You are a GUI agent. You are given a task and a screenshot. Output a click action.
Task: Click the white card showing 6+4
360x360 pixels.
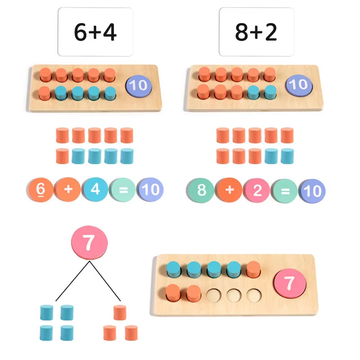[x=95, y=32]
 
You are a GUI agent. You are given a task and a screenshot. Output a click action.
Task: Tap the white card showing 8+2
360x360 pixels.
[x=256, y=32]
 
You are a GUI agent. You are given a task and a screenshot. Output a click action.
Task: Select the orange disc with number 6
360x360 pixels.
[x=40, y=189]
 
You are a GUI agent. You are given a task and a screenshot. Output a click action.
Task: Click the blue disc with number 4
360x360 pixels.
[x=95, y=189]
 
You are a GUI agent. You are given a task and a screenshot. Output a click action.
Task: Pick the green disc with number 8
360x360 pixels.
[x=202, y=190]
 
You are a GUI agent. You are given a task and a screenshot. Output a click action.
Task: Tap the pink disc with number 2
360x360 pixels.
[x=257, y=190]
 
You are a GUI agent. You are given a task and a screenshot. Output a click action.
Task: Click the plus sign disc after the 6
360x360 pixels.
[x=68, y=189]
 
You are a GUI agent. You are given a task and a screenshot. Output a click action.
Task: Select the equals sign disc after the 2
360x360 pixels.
[x=285, y=191]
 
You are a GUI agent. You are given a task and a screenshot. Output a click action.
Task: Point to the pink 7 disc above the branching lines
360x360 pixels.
[x=90, y=243]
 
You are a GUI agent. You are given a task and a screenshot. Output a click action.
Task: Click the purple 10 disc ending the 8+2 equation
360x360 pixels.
[x=312, y=191]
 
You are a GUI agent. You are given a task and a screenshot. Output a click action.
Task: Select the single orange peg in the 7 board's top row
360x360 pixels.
[x=253, y=269]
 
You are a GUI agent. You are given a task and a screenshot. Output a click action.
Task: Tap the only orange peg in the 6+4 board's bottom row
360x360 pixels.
[x=45, y=93]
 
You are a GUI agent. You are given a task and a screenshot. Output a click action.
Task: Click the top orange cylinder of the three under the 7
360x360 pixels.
[x=119, y=312]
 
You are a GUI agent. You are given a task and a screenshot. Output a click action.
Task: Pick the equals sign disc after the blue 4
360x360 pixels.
[x=123, y=189]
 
